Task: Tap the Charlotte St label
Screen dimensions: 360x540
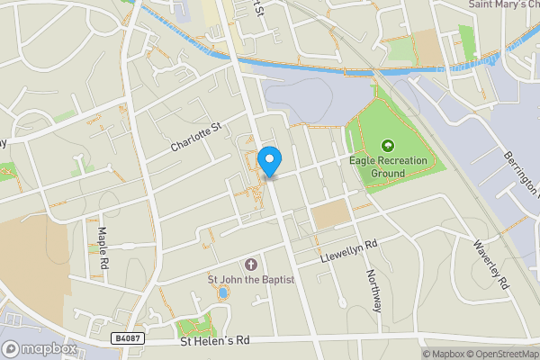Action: click(195, 139)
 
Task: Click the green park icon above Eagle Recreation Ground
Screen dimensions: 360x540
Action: click(388, 145)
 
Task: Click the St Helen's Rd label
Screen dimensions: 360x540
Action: click(214, 341)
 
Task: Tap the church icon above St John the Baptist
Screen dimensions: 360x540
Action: click(250, 265)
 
